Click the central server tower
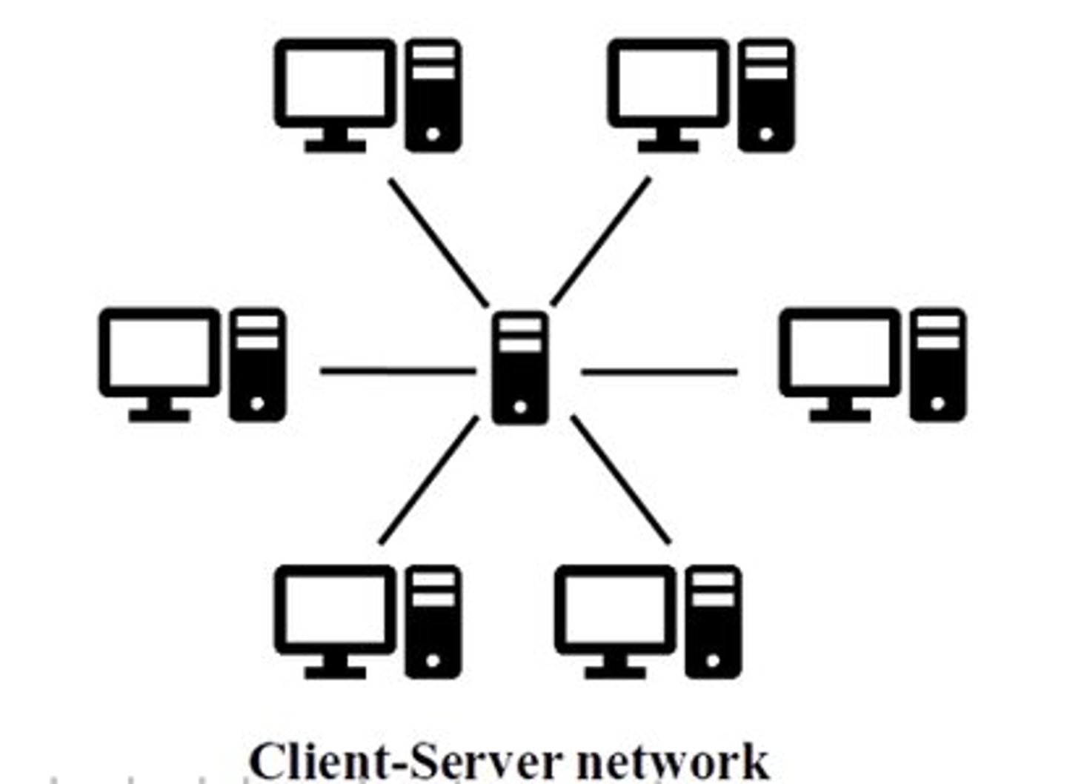[x=520, y=368]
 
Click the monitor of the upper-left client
[x=335, y=83]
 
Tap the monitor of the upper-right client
[x=668, y=83]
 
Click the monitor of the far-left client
[x=159, y=353]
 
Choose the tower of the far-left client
[x=257, y=365]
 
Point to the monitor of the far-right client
[x=840, y=353]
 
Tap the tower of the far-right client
[x=937, y=365]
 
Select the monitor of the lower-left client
[x=335, y=610]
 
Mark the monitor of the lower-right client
[x=615, y=610]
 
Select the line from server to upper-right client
[x=601, y=241]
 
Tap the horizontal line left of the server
[x=397, y=370]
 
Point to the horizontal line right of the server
[x=659, y=371]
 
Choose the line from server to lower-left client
[x=429, y=481]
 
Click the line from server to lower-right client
[x=621, y=480]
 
